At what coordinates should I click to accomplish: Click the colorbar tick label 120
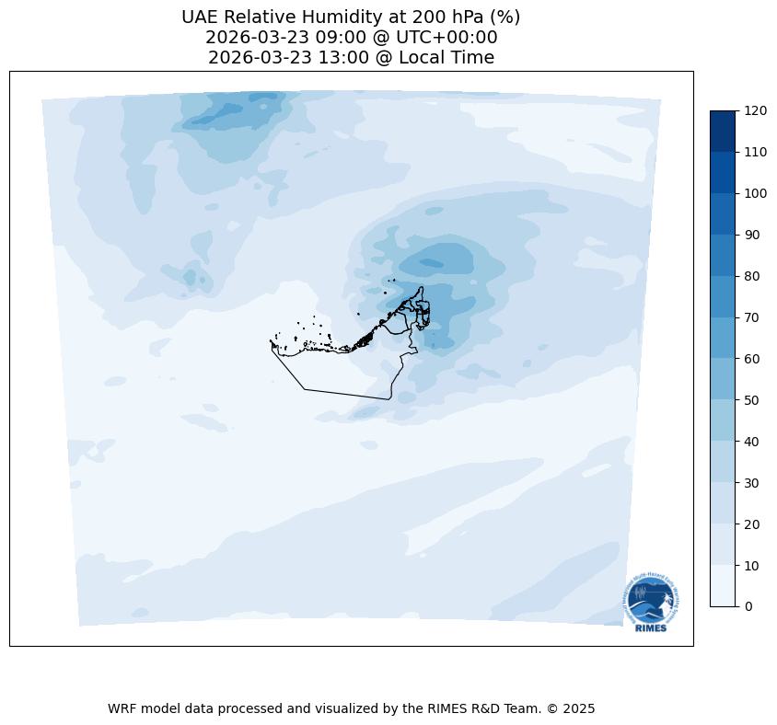click(x=756, y=111)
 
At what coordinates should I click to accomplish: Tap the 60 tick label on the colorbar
click(x=752, y=359)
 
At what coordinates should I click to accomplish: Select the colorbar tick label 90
click(x=752, y=235)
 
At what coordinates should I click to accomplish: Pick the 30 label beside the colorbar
click(x=752, y=483)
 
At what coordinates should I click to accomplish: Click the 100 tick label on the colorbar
click(x=756, y=193)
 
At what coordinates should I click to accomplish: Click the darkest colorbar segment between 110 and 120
click(x=724, y=132)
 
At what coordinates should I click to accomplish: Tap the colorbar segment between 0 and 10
click(x=724, y=586)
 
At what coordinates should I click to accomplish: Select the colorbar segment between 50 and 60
click(x=724, y=379)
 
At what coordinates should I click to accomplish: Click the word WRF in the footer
click(x=122, y=709)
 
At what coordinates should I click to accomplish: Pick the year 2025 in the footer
click(x=580, y=709)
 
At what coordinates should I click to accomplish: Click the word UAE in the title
click(x=202, y=17)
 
